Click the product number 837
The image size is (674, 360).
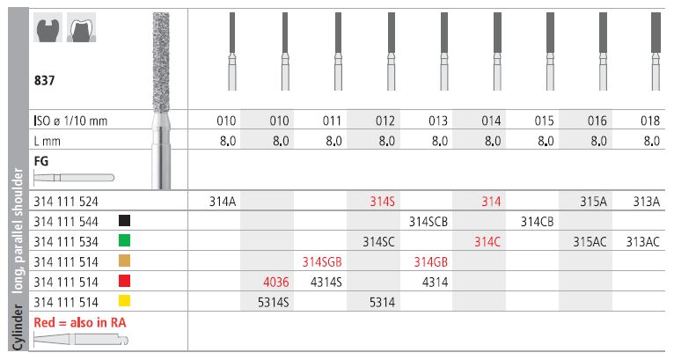tap(44, 80)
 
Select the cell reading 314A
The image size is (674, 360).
tap(223, 202)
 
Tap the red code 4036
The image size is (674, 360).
tap(276, 283)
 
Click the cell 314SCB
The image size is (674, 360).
tap(429, 222)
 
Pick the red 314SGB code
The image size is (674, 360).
tap(322, 262)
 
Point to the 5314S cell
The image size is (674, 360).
tap(274, 303)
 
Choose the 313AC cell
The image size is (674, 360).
tap(642, 242)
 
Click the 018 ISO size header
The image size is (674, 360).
tap(650, 121)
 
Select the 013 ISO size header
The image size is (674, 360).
tap(438, 121)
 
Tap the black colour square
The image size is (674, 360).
tap(124, 221)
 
